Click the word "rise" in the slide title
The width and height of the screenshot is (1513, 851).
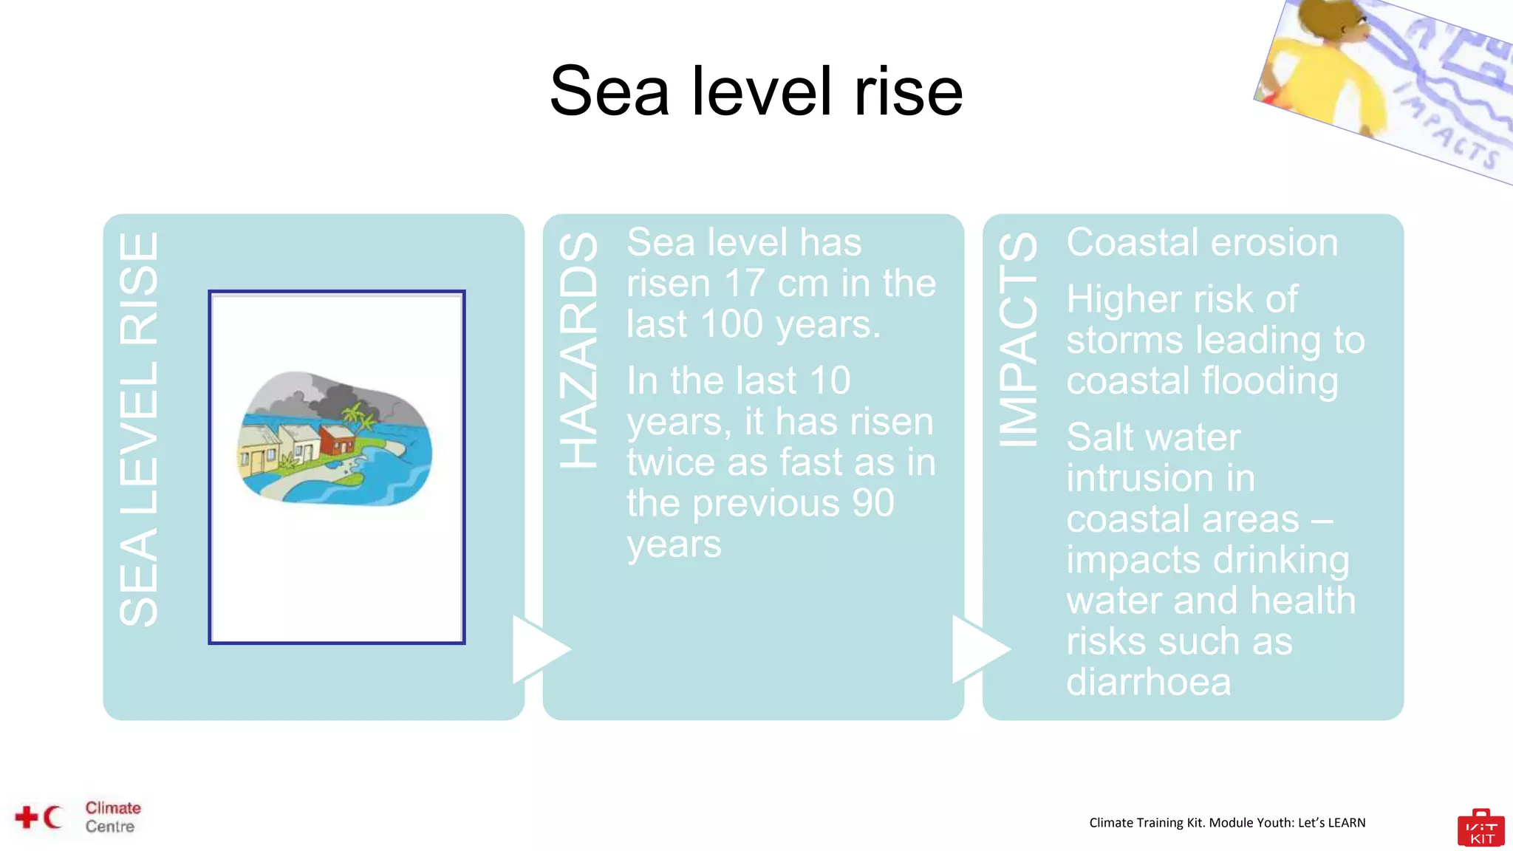coord(908,92)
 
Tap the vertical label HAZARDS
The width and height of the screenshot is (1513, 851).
coord(578,349)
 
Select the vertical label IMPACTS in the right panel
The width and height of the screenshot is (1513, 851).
coord(1018,340)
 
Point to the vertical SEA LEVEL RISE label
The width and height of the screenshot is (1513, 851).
coord(139,429)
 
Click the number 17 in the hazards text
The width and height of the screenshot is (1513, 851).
coord(744,284)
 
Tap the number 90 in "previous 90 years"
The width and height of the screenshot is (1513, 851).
coord(873,503)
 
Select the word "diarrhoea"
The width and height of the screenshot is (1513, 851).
coord(1149,682)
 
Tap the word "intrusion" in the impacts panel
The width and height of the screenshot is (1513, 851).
coord(1161,478)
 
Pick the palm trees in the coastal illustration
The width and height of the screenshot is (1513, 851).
coord(359,417)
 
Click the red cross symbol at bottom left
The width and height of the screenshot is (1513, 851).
coord(27,817)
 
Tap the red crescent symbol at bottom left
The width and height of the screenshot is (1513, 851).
coord(52,817)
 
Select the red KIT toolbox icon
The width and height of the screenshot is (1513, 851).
coord(1480,829)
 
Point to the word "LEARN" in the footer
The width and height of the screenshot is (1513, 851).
coord(1346,823)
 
